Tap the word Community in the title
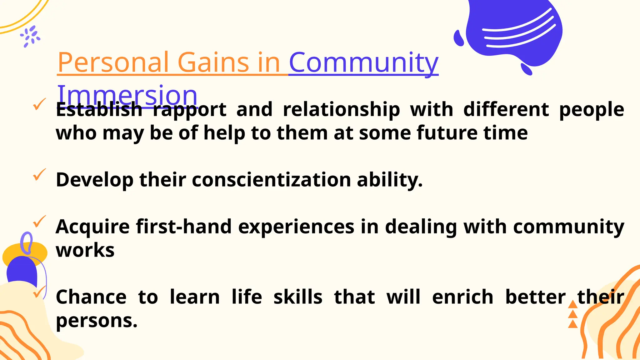tap(364, 62)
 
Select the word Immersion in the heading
tap(127, 95)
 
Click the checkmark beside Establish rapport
tap(39, 104)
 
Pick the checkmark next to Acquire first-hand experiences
tap(39, 222)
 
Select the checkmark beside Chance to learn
tap(39, 292)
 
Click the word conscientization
tap(271, 180)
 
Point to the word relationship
tap(341, 110)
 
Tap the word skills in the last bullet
tap(298, 297)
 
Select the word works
tap(85, 251)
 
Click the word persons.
tap(96, 321)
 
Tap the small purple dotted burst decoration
tap(30, 37)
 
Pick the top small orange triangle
tap(572, 304)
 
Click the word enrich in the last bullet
tap(462, 297)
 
